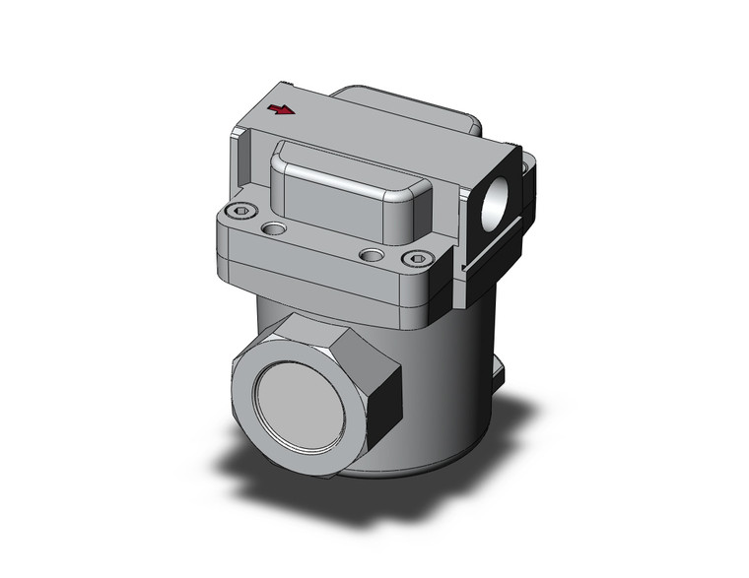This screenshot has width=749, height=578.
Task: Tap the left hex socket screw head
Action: coord(242,210)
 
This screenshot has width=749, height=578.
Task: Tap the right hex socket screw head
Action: coord(419,259)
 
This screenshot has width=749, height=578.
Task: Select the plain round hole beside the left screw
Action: coord(275,229)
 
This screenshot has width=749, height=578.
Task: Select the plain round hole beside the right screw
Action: coord(370,255)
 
